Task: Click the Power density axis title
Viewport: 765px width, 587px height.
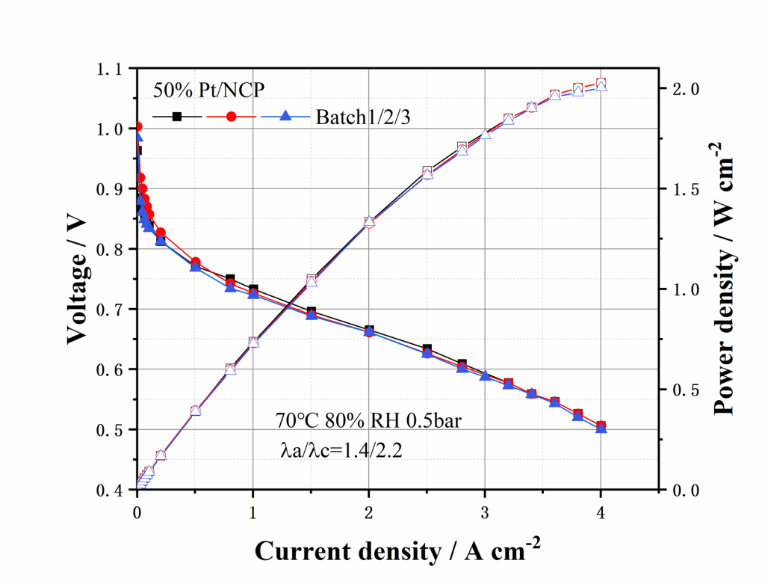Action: [x=723, y=280]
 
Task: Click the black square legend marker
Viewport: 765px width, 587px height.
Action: [x=177, y=117]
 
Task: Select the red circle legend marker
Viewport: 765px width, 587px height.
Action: [x=231, y=117]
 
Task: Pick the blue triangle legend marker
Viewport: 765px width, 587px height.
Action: [x=284, y=117]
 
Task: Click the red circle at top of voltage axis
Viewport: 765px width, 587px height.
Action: [x=137, y=126]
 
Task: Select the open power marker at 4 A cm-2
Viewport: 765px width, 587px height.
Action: [x=601, y=84]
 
